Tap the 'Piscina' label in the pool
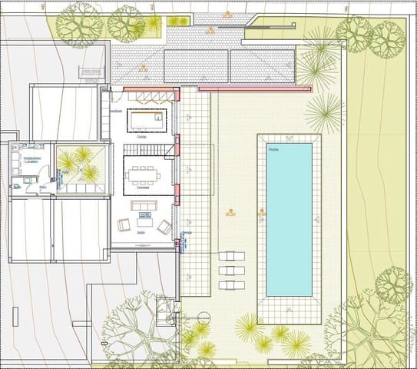(273, 149)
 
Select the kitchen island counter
(147, 120)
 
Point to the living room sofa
(144, 205)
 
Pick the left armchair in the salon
(124, 225)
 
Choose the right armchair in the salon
(164, 227)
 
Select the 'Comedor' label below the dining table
(142, 188)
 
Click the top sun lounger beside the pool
(231, 256)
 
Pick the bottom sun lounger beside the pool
(231, 284)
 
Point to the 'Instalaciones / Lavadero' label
(31, 161)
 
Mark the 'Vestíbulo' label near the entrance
(116, 111)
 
